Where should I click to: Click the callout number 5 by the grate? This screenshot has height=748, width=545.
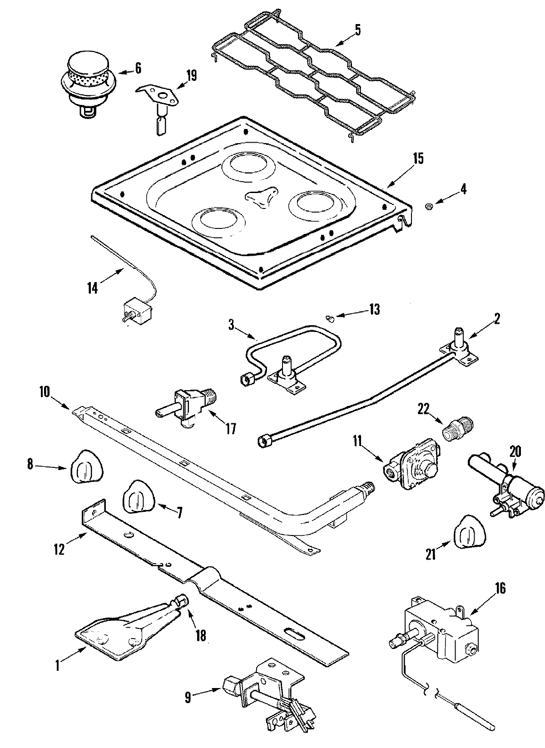pos(358,30)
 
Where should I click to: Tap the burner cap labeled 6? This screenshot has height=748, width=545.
pos(85,78)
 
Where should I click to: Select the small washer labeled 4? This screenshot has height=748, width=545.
pos(428,207)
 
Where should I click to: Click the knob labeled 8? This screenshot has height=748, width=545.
pos(86,465)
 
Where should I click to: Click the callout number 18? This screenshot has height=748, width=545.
pos(200,635)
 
